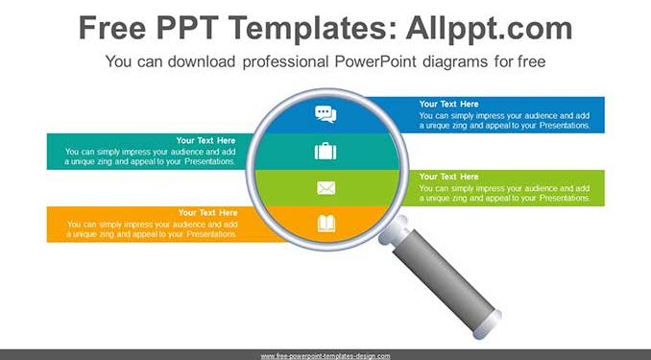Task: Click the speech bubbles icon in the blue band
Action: (325, 114)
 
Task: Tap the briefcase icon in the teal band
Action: (325, 151)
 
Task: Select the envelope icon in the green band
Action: (325, 188)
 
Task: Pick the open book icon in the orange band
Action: (326, 224)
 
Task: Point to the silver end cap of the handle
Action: (488, 324)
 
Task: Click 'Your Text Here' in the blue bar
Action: (448, 104)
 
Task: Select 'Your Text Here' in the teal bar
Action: (205, 140)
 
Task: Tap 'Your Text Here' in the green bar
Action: (448, 177)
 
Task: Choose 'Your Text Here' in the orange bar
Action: (207, 212)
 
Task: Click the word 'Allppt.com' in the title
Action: (489, 29)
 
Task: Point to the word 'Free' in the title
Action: (112, 28)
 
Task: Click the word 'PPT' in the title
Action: (187, 28)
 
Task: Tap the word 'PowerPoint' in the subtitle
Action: (375, 61)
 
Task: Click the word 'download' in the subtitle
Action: (202, 61)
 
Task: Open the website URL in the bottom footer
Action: (325, 356)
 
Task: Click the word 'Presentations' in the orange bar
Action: (212, 234)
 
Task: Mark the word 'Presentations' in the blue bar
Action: (565, 126)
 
